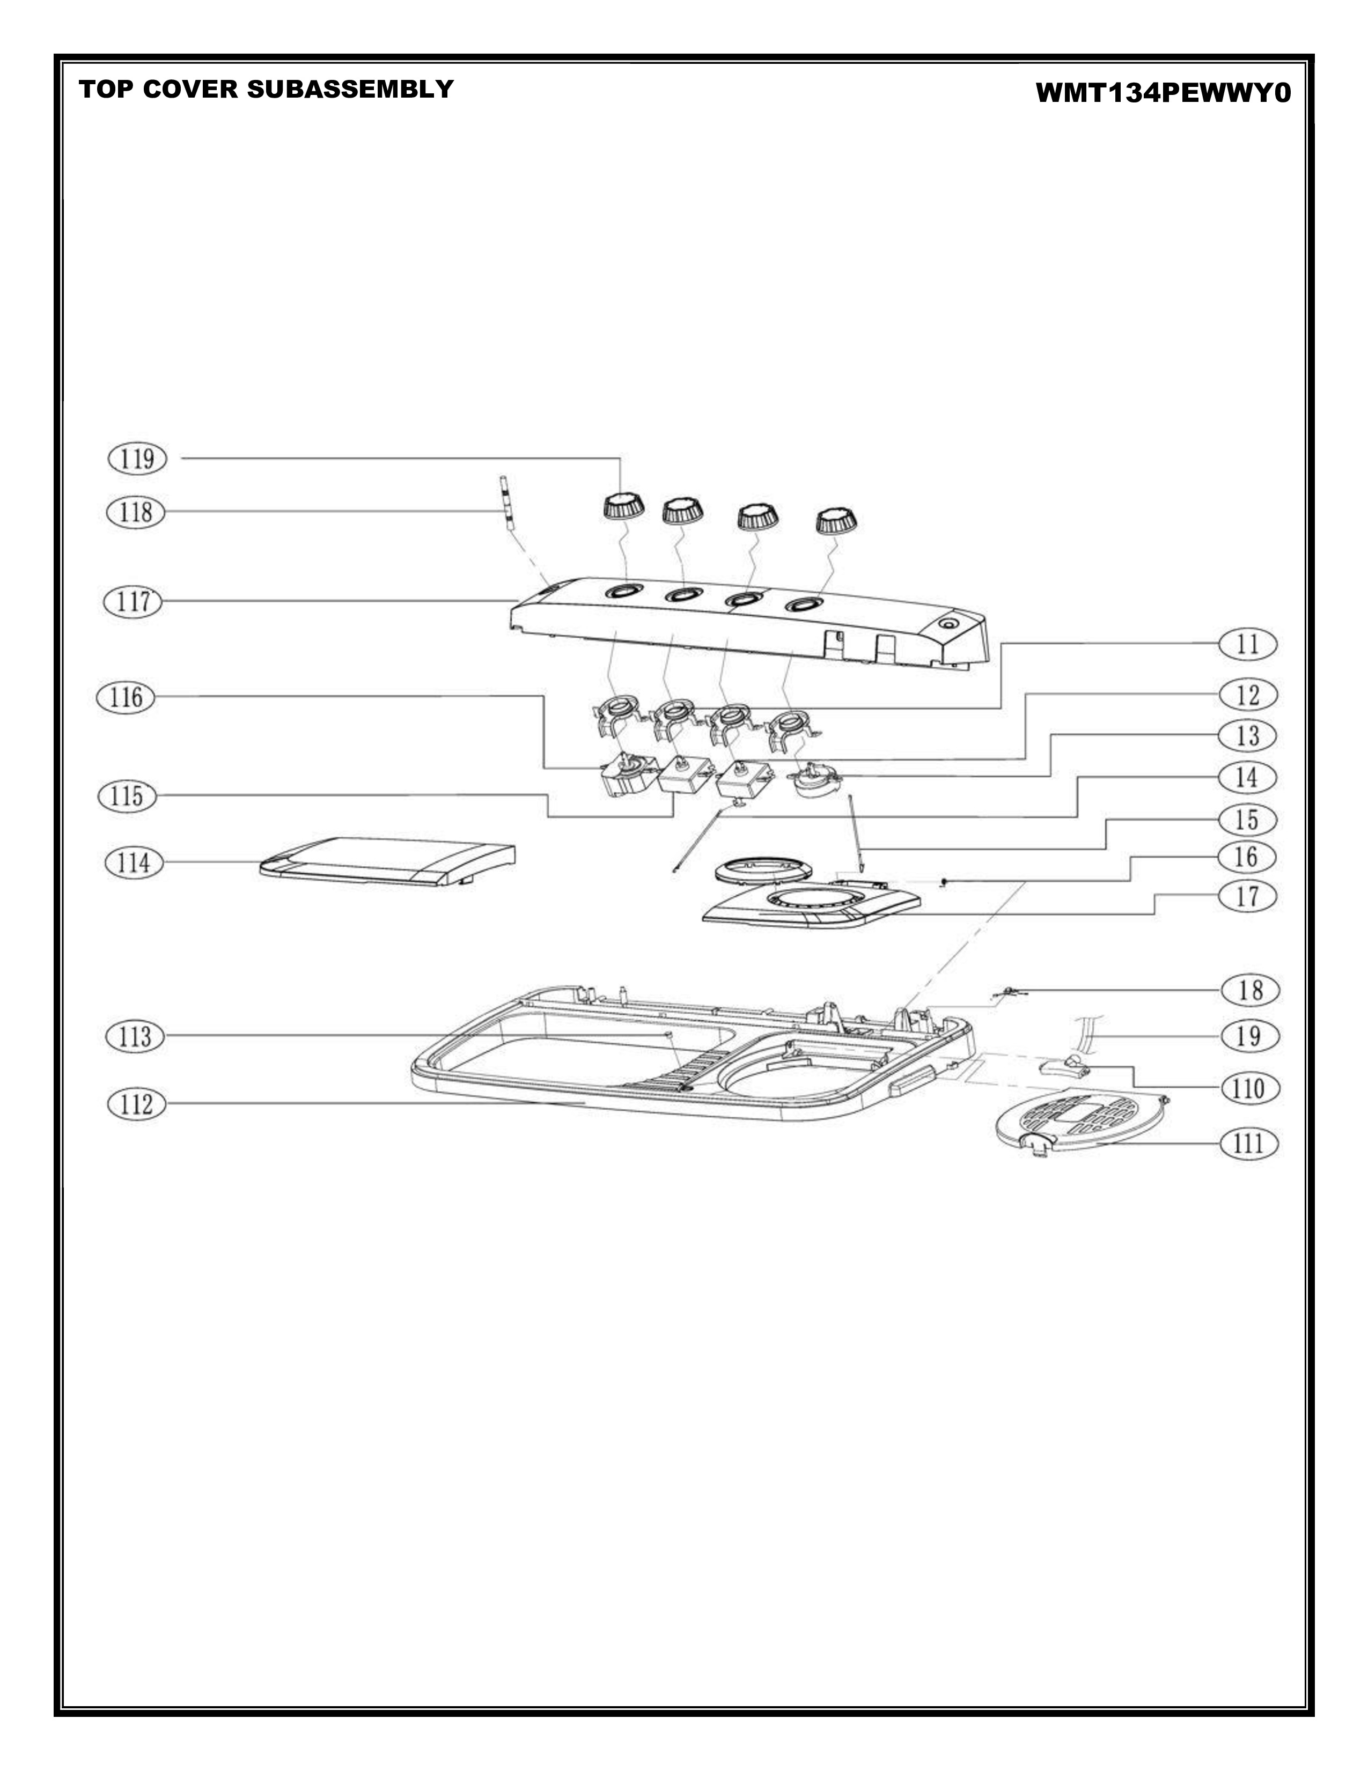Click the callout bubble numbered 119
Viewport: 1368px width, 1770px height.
point(137,459)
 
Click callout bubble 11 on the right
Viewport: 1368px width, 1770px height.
point(1248,644)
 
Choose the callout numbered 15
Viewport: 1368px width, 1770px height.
point(1248,820)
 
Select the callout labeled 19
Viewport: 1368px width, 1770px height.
point(1249,1036)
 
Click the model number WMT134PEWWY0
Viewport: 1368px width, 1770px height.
point(1162,94)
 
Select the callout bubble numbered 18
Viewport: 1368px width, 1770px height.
point(1249,990)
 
